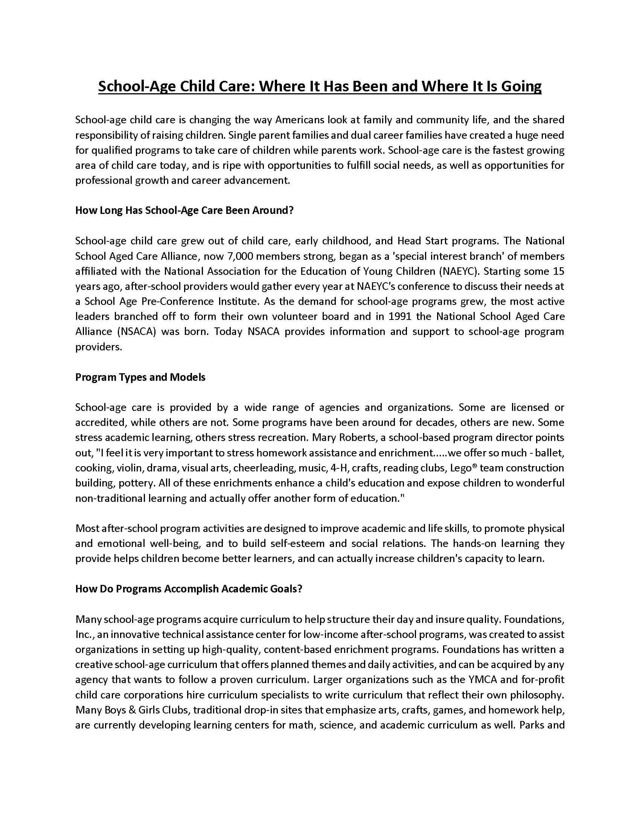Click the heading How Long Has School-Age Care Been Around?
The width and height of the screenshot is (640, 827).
pyautogui.click(x=184, y=211)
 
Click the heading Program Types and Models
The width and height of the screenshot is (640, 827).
pyautogui.click(x=140, y=377)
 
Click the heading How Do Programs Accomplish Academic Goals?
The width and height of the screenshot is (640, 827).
pyautogui.click(x=189, y=589)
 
